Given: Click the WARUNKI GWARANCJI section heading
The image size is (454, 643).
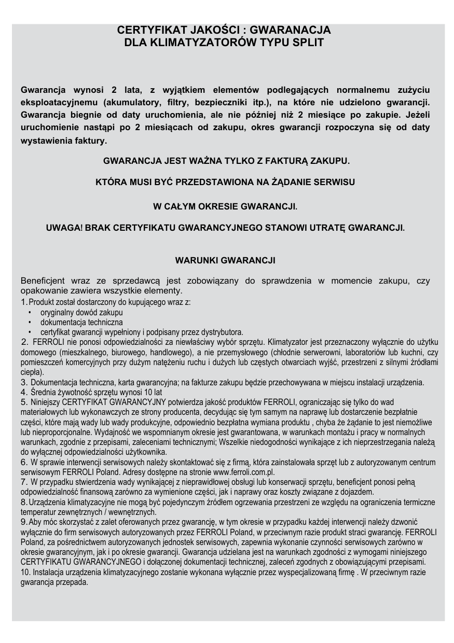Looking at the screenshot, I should point(225,260).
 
